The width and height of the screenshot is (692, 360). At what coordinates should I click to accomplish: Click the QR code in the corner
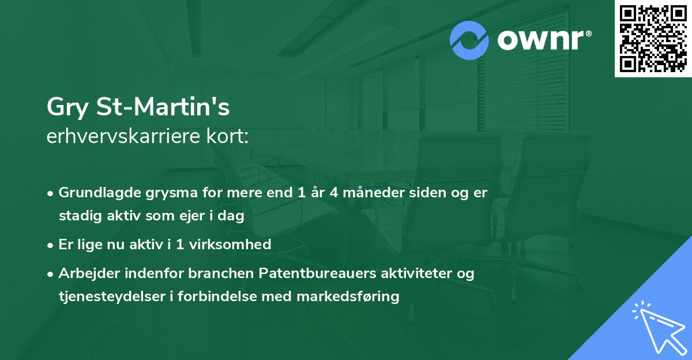[653, 39]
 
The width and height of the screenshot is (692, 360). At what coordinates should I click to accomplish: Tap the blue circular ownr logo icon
[469, 40]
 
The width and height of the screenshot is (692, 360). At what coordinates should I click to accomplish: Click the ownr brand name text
[543, 41]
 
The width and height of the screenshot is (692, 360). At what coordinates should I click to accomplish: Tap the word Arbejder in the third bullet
[85, 273]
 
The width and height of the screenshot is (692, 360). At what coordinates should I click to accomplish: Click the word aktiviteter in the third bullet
[415, 273]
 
